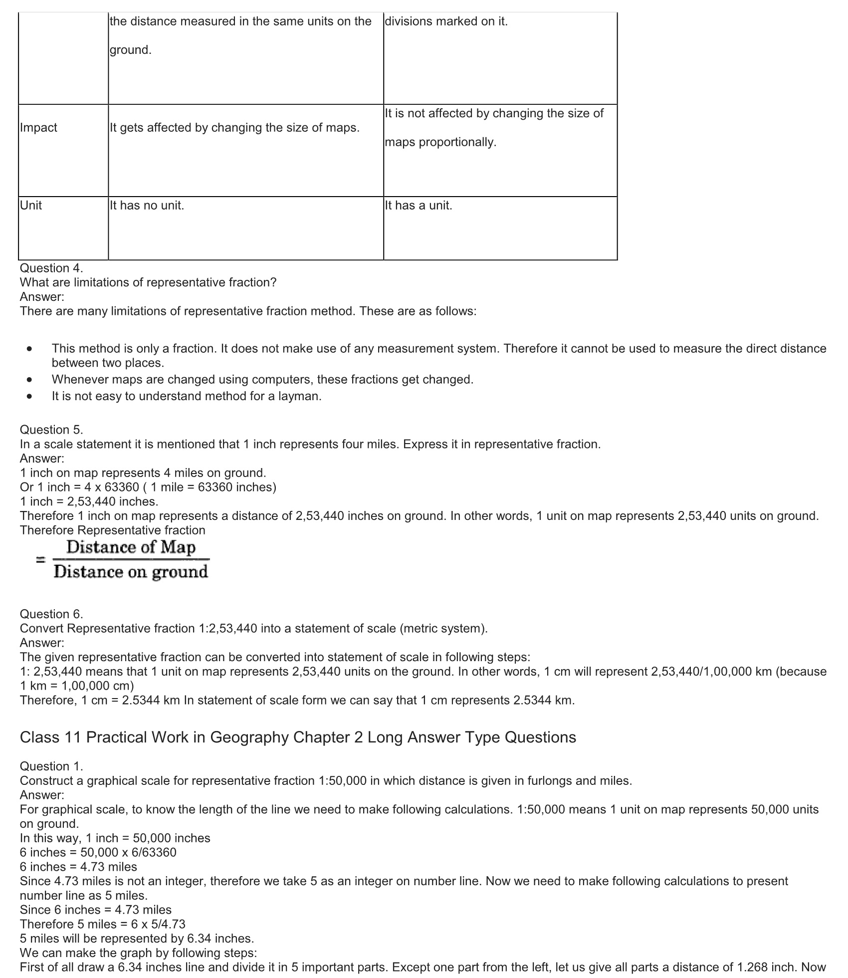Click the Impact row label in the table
coord(38,128)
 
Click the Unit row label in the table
coord(31,206)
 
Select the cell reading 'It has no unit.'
coord(147,206)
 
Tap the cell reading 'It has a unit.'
coord(419,206)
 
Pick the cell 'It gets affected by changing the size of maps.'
coord(234,128)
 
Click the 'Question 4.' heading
coord(51,268)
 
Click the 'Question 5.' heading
coord(51,430)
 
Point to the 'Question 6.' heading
coord(51,614)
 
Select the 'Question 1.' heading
coord(51,766)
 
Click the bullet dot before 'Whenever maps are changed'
coord(31,380)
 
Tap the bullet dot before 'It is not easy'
coord(31,396)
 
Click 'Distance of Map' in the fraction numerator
coord(131,547)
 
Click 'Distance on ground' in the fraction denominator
coord(131,572)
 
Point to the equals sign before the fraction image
coord(40,560)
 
